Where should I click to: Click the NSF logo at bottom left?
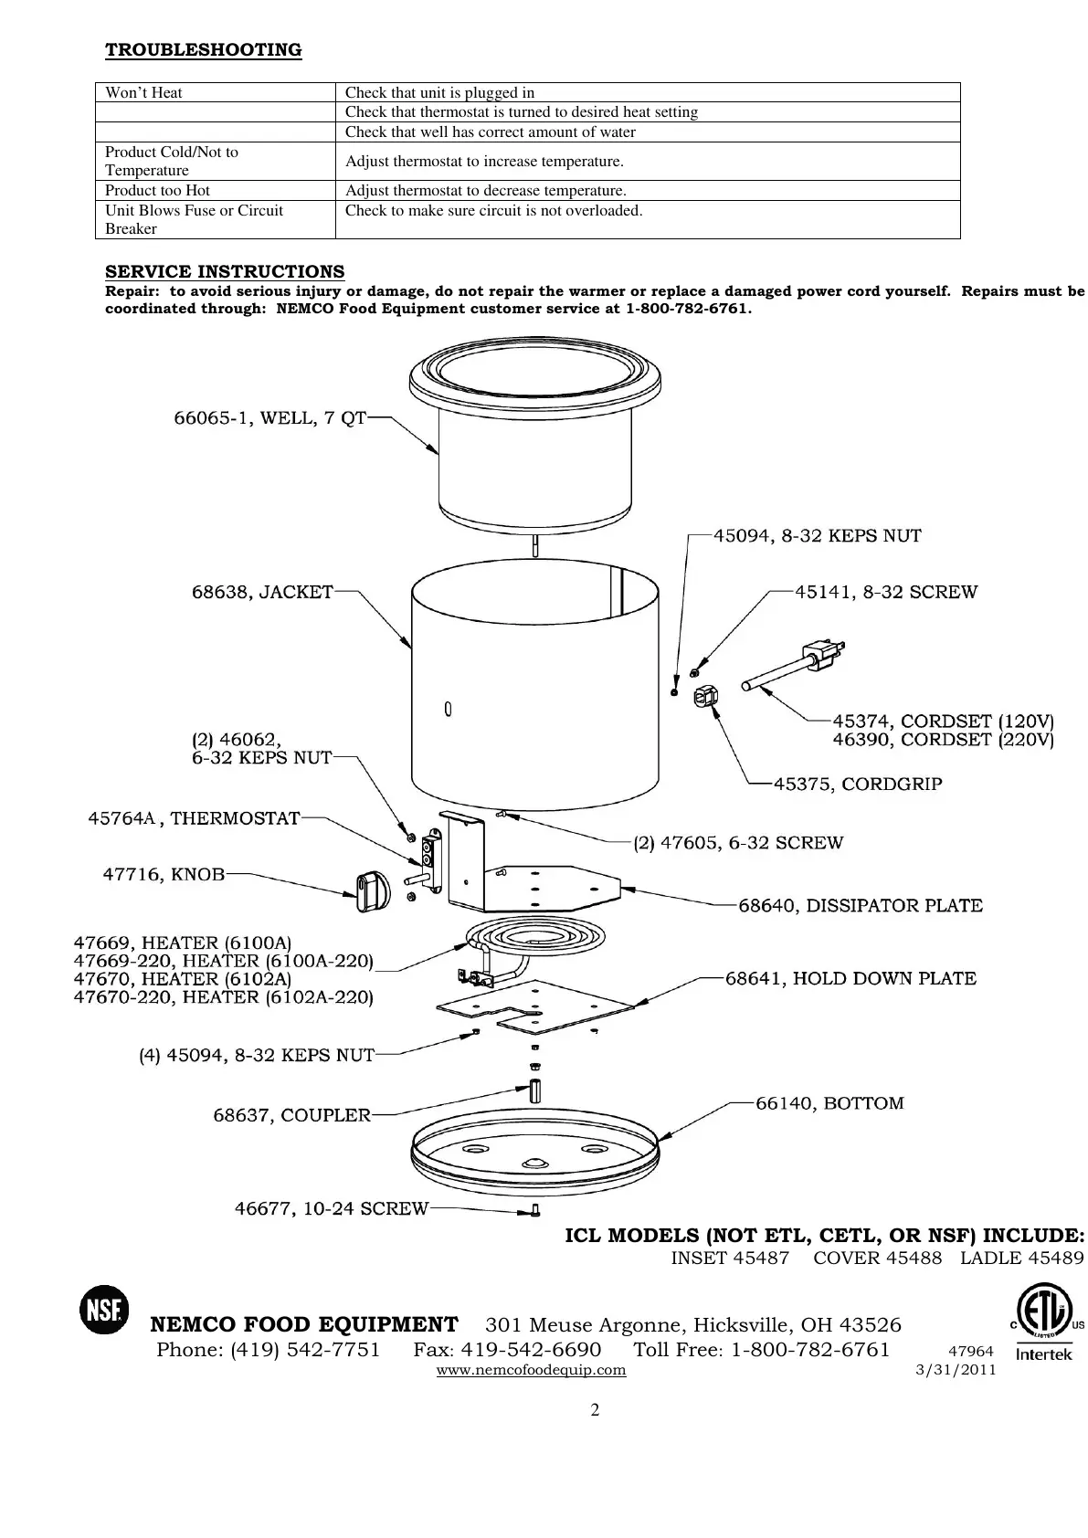[x=104, y=1310]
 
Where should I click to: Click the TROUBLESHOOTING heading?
[x=203, y=49]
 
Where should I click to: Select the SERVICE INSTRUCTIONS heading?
[x=225, y=271]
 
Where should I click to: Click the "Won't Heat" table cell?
[x=144, y=92]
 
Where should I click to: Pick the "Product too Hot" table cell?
[x=157, y=190]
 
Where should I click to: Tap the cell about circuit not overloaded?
[x=493, y=211]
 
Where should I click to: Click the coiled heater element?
[x=535, y=941]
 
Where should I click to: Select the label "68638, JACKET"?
[x=262, y=592]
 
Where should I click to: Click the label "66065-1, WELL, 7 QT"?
[x=269, y=418]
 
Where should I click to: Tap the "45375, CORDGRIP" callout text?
[x=858, y=784]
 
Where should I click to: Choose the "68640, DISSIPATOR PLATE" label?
[x=861, y=905]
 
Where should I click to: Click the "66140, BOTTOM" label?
[x=829, y=1103]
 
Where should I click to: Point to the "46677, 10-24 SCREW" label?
[x=332, y=1208]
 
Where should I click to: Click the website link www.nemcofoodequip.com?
[x=532, y=1370]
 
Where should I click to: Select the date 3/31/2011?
[x=955, y=1370]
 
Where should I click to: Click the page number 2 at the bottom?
[x=595, y=1410]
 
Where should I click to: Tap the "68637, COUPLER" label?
[x=291, y=1115]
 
